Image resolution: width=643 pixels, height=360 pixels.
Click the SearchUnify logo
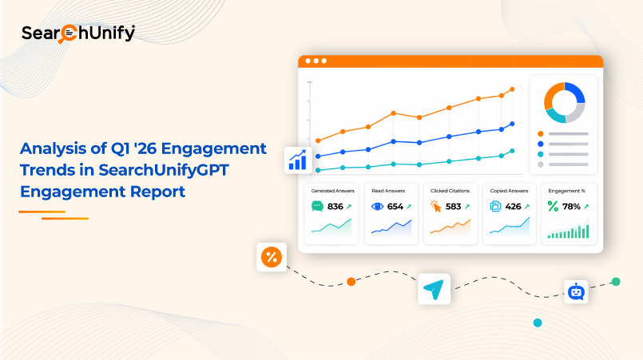pyautogui.click(x=78, y=34)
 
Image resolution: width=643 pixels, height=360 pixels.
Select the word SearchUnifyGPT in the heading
pyautogui.click(x=163, y=170)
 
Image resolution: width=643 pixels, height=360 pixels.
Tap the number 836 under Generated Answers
pyautogui.click(x=335, y=207)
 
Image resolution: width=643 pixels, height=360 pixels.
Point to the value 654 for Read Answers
pyautogui.click(x=395, y=207)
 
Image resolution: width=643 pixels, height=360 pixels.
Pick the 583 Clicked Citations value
pyautogui.click(x=453, y=207)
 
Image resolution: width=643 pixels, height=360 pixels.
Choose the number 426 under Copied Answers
pyautogui.click(x=513, y=207)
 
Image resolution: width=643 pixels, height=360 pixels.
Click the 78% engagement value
pyautogui.click(x=571, y=207)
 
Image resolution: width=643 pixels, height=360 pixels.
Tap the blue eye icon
pyautogui.click(x=377, y=206)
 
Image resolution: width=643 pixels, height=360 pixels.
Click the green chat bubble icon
pyautogui.click(x=317, y=206)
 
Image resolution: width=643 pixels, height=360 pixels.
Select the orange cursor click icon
pyautogui.click(x=435, y=206)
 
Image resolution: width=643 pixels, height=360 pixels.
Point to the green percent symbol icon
pyautogui.click(x=553, y=206)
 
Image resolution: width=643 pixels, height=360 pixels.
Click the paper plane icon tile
pyautogui.click(x=434, y=289)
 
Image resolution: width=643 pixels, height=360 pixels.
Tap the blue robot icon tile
pyautogui.click(x=576, y=292)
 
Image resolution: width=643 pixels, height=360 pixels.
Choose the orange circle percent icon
pyautogui.click(x=272, y=257)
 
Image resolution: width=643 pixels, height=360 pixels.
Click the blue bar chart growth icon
pyautogui.click(x=298, y=160)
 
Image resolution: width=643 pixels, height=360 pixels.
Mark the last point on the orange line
pyautogui.click(x=512, y=89)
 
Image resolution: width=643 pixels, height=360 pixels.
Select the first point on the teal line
pyautogui.click(x=318, y=170)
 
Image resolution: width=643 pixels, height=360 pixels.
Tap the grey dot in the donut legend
pyautogui.click(x=541, y=164)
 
